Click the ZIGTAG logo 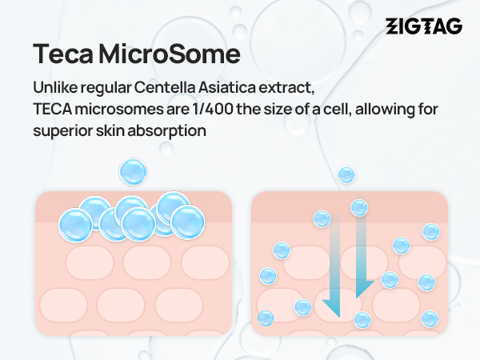(x=424, y=26)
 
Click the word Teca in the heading (x=62, y=54)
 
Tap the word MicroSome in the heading (x=170, y=54)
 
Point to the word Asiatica (x=226, y=87)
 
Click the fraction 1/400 (x=213, y=109)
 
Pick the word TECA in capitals (x=52, y=109)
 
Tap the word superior (x=62, y=131)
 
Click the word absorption (x=167, y=131)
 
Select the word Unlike (x=55, y=87)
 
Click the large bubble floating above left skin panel (x=133, y=172)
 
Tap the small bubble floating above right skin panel (x=346, y=175)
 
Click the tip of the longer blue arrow (x=339, y=317)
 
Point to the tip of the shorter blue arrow (x=356, y=298)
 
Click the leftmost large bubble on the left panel (x=75, y=226)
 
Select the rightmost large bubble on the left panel (x=188, y=222)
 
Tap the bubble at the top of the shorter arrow (x=359, y=208)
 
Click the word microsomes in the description (x=119, y=109)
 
